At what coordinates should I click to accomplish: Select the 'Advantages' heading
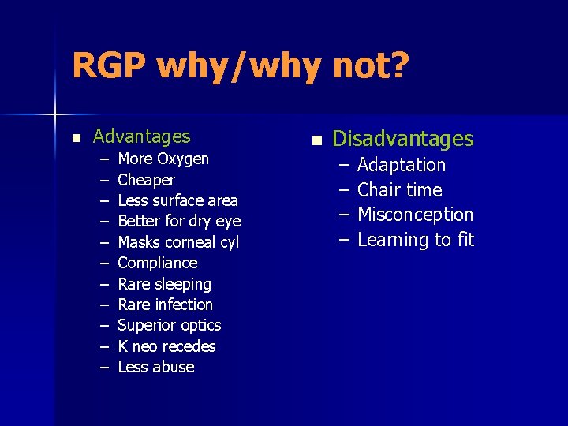pyautogui.click(x=142, y=136)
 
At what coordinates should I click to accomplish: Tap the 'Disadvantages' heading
pyautogui.click(x=402, y=139)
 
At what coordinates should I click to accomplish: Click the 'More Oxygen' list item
pyautogui.click(x=163, y=159)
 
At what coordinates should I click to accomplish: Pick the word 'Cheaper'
pyautogui.click(x=146, y=180)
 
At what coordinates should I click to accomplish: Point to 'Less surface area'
pyautogui.click(x=177, y=200)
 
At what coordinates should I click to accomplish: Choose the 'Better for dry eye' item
pyautogui.click(x=179, y=221)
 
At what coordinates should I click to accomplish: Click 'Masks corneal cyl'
pyautogui.click(x=178, y=242)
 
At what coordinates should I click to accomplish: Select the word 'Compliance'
pyautogui.click(x=158, y=263)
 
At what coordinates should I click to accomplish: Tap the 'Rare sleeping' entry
pyautogui.click(x=164, y=284)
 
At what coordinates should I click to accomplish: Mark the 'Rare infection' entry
pyautogui.click(x=165, y=305)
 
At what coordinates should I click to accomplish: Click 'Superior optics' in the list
pyautogui.click(x=169, y=325)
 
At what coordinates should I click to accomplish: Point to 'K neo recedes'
pyautogui.click(x=166, y=346)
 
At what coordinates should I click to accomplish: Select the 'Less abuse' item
pyautogui.click(x=155, y=367)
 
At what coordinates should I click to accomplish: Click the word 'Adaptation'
pyautogui.click(x=402, y=165)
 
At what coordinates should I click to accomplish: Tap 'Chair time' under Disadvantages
pyautogui.click(x=400, y=190)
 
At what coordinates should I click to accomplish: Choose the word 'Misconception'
pyautogui.click(x=415, y=215)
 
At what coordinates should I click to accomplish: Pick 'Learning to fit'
pyautogui.click(x=416, y=240)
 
